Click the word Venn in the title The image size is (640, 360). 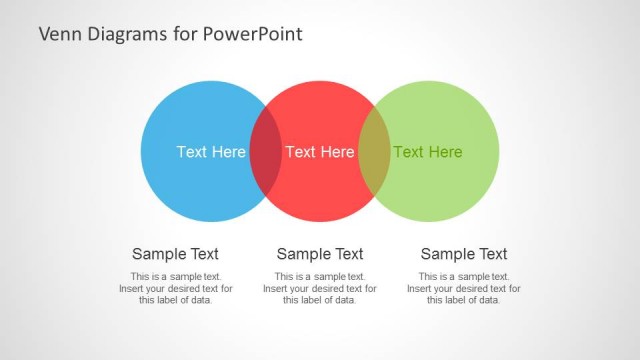pos(59,34)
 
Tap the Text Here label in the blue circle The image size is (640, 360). pos(211,152)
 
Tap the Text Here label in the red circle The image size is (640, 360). pos(320,152)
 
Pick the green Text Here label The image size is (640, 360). pos(428,152)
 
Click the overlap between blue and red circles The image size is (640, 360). pos(265,152)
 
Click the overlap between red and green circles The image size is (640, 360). pos(374,152)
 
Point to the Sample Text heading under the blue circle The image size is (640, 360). pos(175,254)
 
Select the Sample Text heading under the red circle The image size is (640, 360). pos(320,254)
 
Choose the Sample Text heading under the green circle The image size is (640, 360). pos(464,254)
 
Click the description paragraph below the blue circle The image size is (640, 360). pos(175,288)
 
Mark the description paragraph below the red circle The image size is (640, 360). pos(320,288)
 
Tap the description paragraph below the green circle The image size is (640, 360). pos(464,288)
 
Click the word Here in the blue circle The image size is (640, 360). pos(228,152)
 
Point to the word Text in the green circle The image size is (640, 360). pos(408,152)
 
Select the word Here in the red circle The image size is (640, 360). pos(337,152)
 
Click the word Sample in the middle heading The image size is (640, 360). pos(304,254)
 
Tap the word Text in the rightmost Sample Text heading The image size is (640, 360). pos(491,254)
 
